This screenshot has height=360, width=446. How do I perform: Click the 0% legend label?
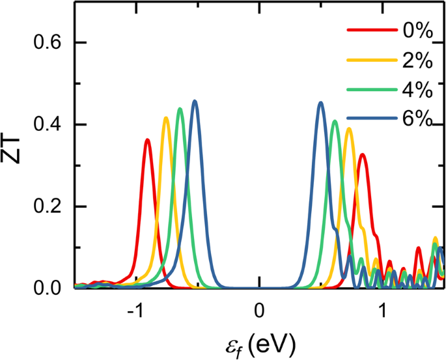(x=413, y=30)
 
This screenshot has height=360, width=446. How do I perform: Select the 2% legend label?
(x=413, y=62)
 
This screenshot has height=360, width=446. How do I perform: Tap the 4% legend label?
(x=413, y=92)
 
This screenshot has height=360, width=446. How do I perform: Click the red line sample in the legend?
(x=370, y=30)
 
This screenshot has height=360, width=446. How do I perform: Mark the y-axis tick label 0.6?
(x=51, y=43)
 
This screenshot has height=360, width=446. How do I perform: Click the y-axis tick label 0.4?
(x=51, y=125)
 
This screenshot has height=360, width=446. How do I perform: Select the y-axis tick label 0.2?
(x=51, y=206)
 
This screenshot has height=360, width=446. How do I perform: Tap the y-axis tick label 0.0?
(x=51, y=288)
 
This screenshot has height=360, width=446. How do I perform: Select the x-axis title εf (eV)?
(x=260, y=342)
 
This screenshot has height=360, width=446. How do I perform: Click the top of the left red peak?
(x=148, y=139)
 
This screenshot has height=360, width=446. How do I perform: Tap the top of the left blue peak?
(x=195, y=101)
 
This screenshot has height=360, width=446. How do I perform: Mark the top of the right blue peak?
(x=320, y=102)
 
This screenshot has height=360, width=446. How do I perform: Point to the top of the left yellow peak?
(x=166, y=118)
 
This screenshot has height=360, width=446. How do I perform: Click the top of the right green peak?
(x=335, y=121)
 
